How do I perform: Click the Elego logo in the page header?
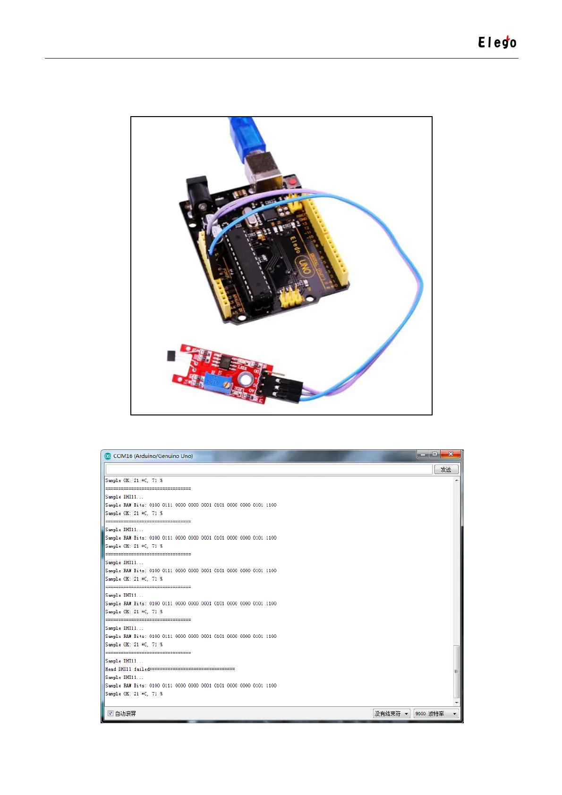tap(497, 42)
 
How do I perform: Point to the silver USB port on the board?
tap(263, 172)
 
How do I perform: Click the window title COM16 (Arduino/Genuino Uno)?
tap(153, 456)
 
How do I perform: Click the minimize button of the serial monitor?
tap(423, 454)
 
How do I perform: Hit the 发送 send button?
tap(446, 469)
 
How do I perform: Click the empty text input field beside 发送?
tap(269, 469)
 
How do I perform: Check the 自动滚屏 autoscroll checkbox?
tap(111, 713)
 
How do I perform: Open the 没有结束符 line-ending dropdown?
tap(391, 713)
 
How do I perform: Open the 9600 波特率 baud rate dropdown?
tap(435, 713)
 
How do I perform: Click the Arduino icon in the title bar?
tap(108, 456)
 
